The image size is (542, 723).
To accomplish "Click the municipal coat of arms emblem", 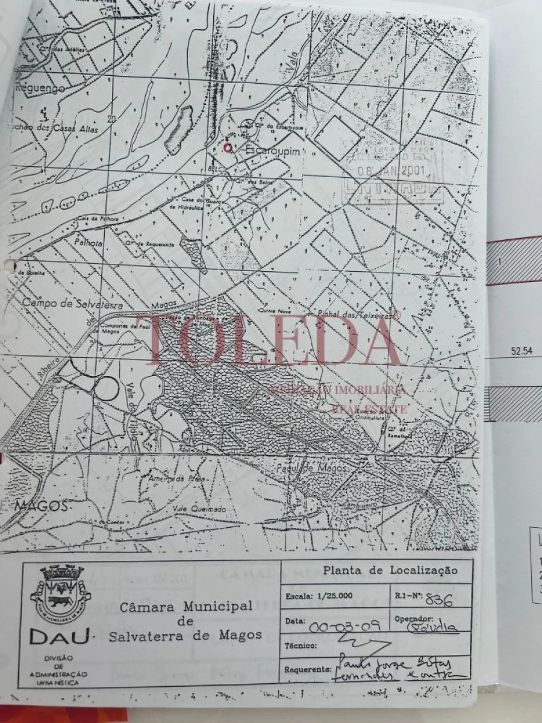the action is [60, 593].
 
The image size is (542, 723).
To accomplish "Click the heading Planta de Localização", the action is [390, 570].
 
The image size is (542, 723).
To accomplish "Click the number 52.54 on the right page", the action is [522, 351].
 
